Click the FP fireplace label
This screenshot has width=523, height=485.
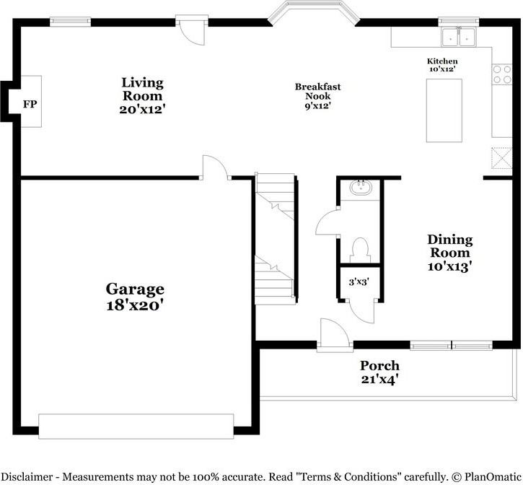[30, 105]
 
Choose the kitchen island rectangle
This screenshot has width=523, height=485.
[444, 110]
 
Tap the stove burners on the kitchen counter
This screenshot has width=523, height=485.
[499, 75]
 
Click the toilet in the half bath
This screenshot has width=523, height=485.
[359, 250]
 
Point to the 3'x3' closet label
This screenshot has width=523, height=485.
[359, 282]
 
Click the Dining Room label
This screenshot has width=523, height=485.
[450, 252]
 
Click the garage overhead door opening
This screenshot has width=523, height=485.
[136, 426]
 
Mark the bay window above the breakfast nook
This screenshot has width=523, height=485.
[312, 12]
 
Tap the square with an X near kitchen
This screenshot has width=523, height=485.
[501, 157]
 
